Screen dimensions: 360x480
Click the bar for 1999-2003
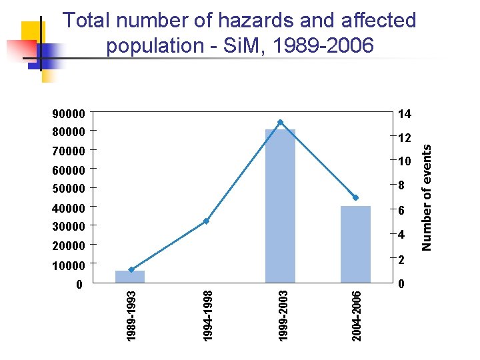tap(280, 207)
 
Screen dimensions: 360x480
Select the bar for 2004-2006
tap(355, 245)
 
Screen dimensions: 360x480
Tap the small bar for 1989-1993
tap(130, 277)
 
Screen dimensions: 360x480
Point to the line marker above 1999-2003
tap(280, 122)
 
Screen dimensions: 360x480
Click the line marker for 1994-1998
tap(207, 221)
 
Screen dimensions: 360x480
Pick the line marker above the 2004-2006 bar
tap(355, 197)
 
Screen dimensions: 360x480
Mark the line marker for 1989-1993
tap(131, 270)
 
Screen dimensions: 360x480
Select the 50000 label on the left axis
tap(69, 189)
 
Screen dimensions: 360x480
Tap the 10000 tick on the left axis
tap(69, 266)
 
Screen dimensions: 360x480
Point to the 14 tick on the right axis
tap(404, 114)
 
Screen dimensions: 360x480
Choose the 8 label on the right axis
tap(401, 186)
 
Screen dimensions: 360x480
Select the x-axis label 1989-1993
tap(132, 315)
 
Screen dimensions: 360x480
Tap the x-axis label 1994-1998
tap(207, 315)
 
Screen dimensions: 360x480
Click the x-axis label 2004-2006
tap(357, 315)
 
